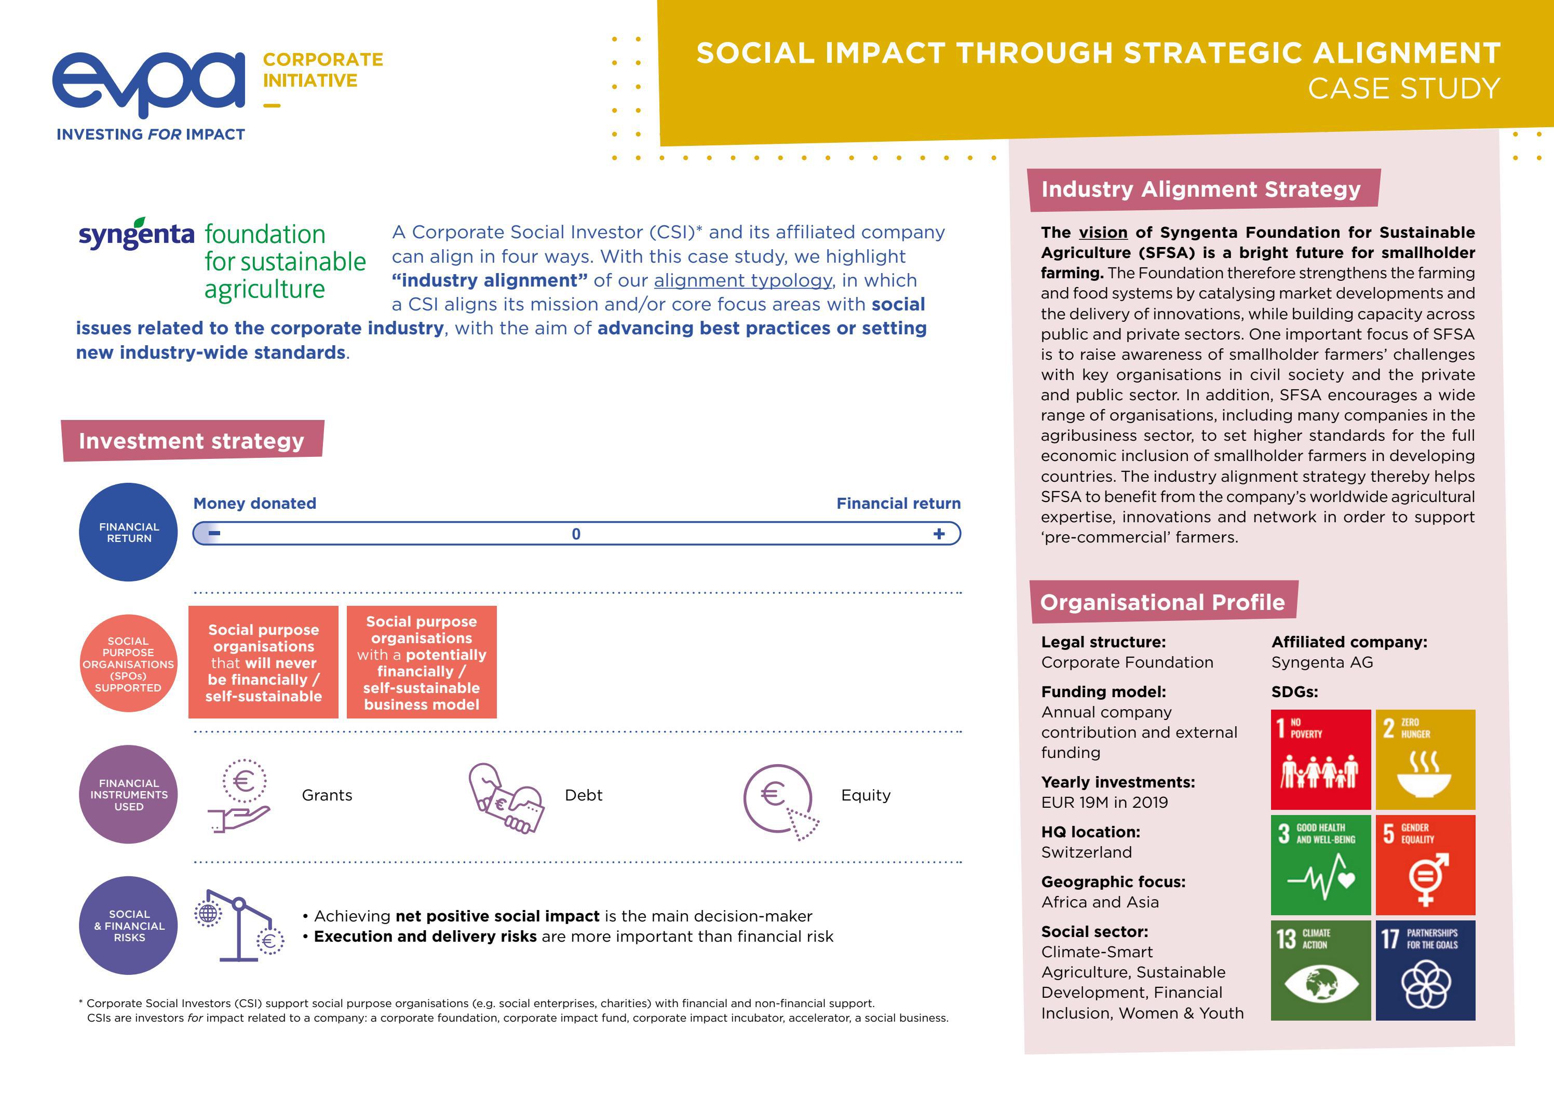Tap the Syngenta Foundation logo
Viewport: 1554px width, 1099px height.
click(222, 261)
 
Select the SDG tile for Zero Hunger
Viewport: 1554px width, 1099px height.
click(1425, 759)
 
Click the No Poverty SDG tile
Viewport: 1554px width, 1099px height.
click(1320, 759)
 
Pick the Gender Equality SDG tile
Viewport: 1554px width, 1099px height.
click(1425, 865)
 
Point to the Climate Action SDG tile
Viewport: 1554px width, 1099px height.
click(1320, 970)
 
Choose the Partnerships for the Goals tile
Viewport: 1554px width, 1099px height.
click(1425, 970)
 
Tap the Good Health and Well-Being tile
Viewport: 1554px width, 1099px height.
click(1320, 865)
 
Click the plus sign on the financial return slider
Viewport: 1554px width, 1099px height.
click(939, 534)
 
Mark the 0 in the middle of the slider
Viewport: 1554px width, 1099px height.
click(576, 534)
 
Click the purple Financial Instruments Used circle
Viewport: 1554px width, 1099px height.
click(129, 794)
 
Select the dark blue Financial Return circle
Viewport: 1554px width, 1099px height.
click(129, 532)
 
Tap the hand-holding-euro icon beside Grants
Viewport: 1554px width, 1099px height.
click(241, 796)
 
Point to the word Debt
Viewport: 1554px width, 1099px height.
click(584, 795)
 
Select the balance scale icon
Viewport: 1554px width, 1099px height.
click(239, 925)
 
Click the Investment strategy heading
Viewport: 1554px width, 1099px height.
click(192, 441)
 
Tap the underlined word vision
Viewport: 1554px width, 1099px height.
click(1103, 233)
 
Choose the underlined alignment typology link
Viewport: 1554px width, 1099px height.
click(742, 280)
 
